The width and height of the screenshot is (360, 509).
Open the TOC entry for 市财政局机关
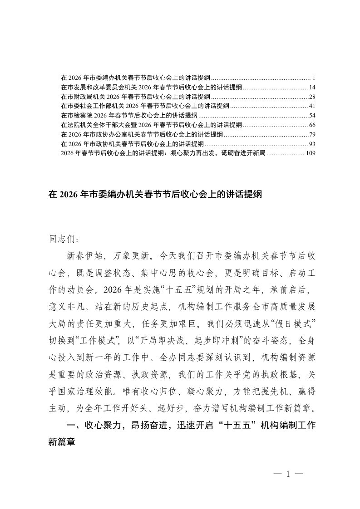pyautogui.click(x=135, y=96)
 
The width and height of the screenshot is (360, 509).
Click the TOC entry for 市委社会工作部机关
pyautogui.click(x=144, y=106)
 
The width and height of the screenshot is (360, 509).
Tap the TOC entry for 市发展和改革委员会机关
pyautogui.click(x=151, y=87)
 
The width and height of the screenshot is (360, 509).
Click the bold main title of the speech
pyautogui.click(x=155, y=195)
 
